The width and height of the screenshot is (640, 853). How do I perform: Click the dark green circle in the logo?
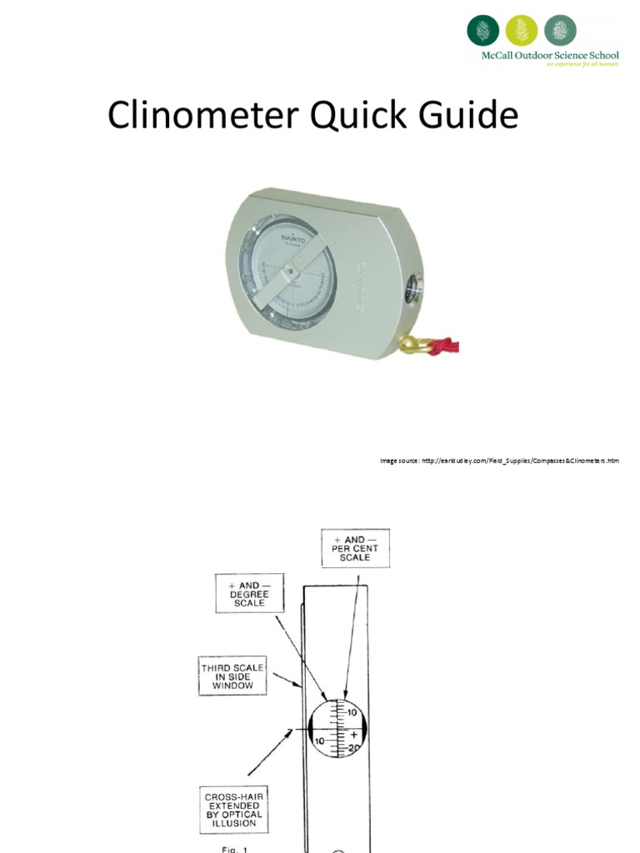pos(482,31)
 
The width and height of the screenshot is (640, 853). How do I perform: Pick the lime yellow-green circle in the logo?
pos(522,31)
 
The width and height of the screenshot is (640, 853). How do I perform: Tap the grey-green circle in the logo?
pos(560,31)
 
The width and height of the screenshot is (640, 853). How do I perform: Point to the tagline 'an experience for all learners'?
pos(582,65)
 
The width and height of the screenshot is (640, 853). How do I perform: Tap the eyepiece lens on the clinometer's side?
pos(412,291)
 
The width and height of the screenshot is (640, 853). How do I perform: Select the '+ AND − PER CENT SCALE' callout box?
pos(356,549)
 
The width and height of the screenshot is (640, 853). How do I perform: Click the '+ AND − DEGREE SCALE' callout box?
pos(249,594)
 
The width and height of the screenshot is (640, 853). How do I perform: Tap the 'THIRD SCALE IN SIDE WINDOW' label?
pos(232,676)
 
